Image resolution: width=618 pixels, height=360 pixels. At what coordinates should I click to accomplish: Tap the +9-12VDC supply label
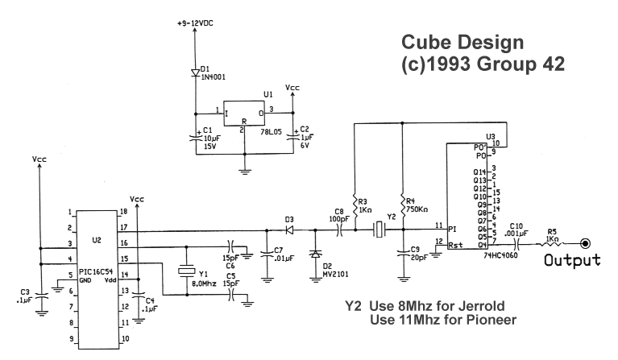197,24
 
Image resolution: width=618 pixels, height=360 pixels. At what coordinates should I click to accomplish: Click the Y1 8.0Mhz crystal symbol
187,271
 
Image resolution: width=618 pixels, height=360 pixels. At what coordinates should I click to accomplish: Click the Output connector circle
586,242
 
